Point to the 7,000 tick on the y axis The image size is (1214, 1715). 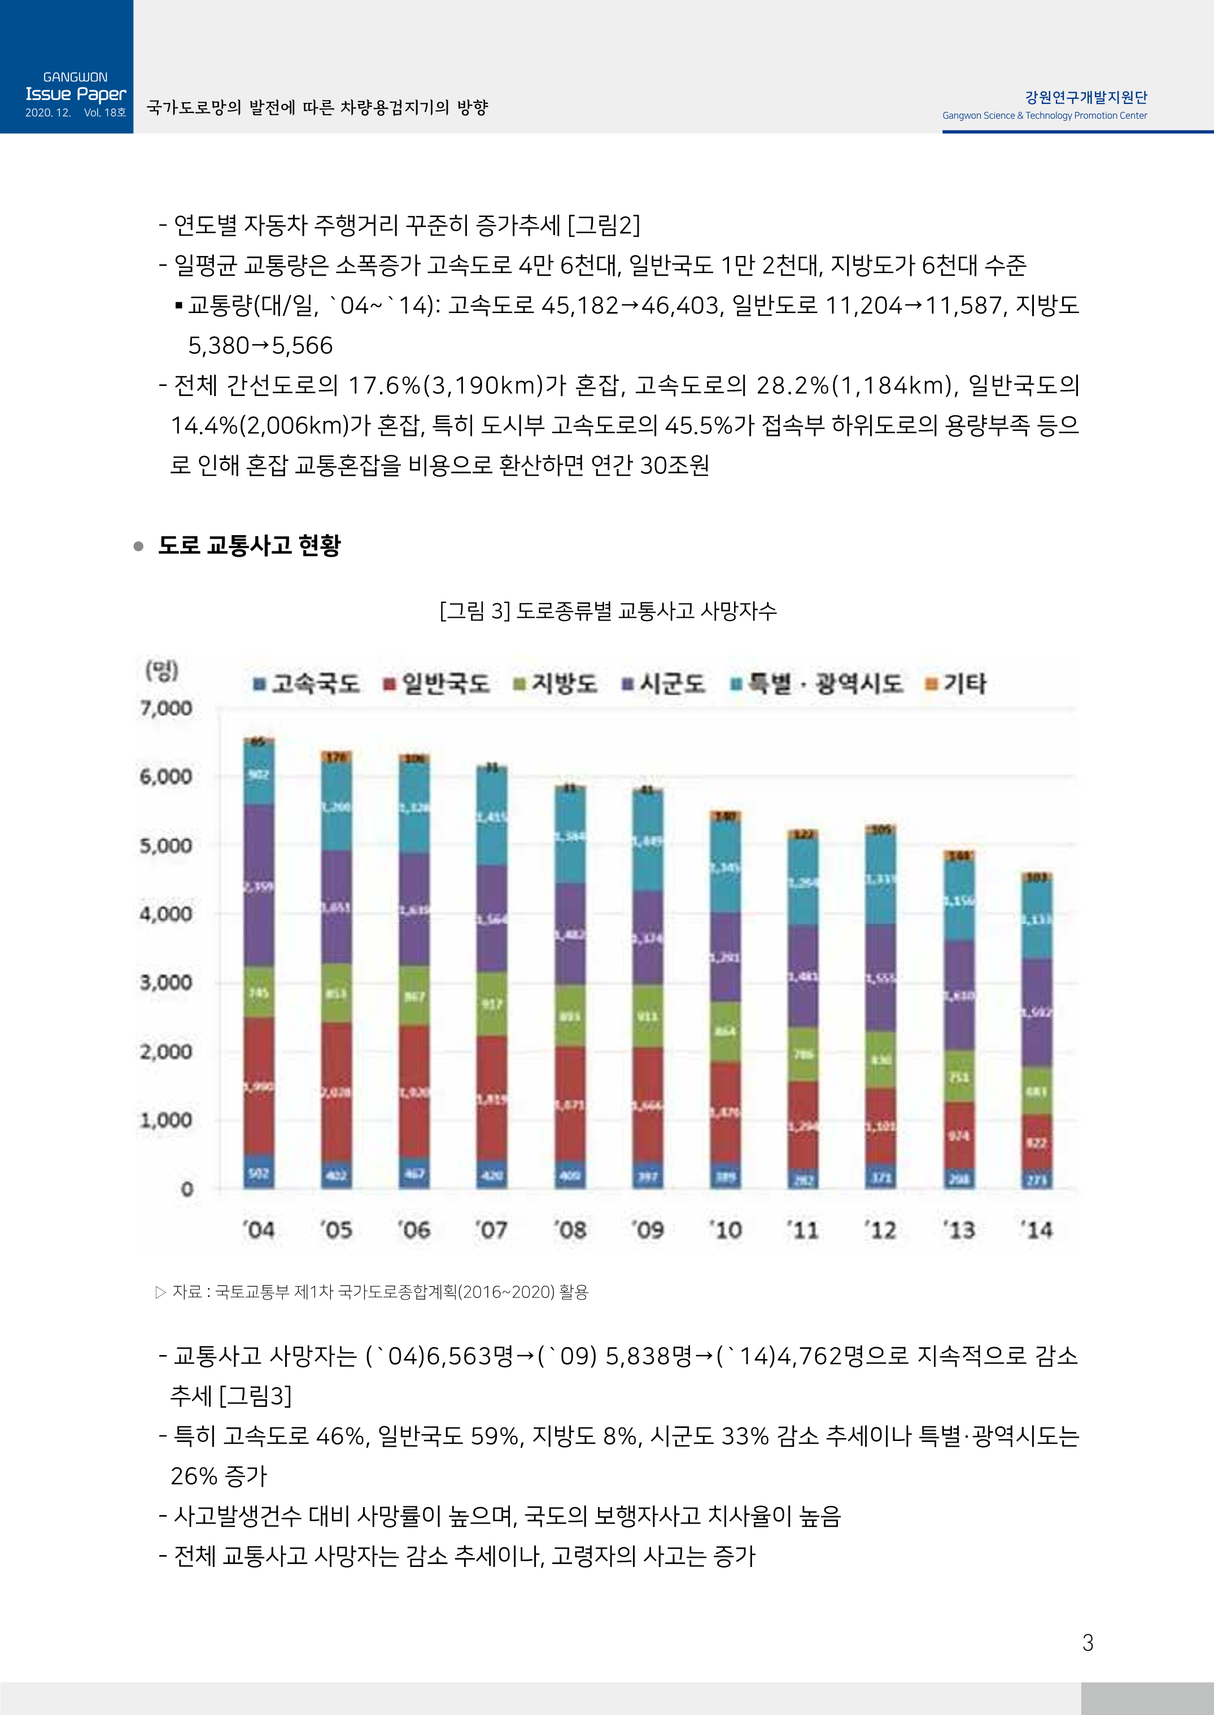[x=166, y=707]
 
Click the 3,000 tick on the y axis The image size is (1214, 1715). [x=166, y=982]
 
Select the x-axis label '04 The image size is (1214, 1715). [x=259, y=1230]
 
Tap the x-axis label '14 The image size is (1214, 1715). [x=1036, y=1230]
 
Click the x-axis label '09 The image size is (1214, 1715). [x=647, y=1230]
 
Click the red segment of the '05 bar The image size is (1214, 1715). [x=337, y=1092]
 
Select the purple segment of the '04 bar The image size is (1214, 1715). [x=259, y=886]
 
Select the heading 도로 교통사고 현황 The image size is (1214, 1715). [x=249, y=545]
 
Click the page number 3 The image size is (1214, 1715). [x=1088, y=1643]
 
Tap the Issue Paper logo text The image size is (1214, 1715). [x=76, y=94]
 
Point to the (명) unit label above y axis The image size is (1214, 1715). [x=161, y=670]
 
